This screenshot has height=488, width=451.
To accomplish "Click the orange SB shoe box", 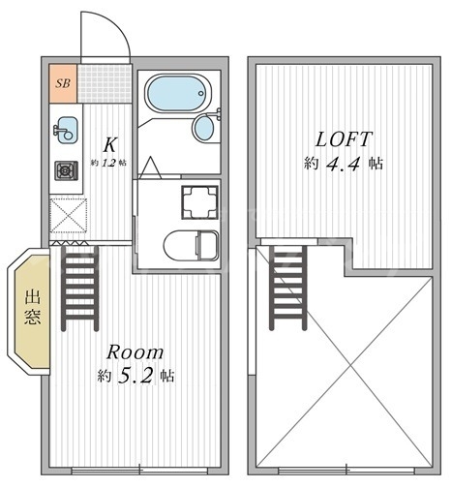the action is click(x=63, y=83).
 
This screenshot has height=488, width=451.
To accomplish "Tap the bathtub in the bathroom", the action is click(x=178, y=93).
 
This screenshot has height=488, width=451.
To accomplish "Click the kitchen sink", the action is click(x=67, y=130).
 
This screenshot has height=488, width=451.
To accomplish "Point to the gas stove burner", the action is click(x=66, y=170).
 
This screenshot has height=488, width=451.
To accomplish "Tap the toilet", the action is click(x=191, y=245).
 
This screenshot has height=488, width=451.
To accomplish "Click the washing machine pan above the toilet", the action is click(x=199, y=202).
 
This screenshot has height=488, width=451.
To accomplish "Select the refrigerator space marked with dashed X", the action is click(x=69, y=215).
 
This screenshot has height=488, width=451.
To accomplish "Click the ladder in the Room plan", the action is click(x=79, y=289).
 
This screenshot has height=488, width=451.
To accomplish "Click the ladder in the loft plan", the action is click(x=287, y=288).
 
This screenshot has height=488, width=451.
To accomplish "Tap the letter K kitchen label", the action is click(x=109, y=144).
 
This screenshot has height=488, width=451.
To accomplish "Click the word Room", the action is click(x=135, y=352).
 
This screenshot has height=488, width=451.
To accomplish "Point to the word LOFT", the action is click(x=344, y=139).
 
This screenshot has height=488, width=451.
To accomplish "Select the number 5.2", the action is click(x=135, y=376).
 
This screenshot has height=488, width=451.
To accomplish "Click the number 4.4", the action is click(x=343, y=164).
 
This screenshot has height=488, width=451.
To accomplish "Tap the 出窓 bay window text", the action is click(x=33, y=307).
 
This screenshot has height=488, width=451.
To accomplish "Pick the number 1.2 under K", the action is click(x=108, y=163).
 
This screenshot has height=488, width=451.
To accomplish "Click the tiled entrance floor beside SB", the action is click(x=105, y=83).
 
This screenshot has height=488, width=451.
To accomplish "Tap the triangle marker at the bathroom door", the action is click(x=150, y=168).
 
